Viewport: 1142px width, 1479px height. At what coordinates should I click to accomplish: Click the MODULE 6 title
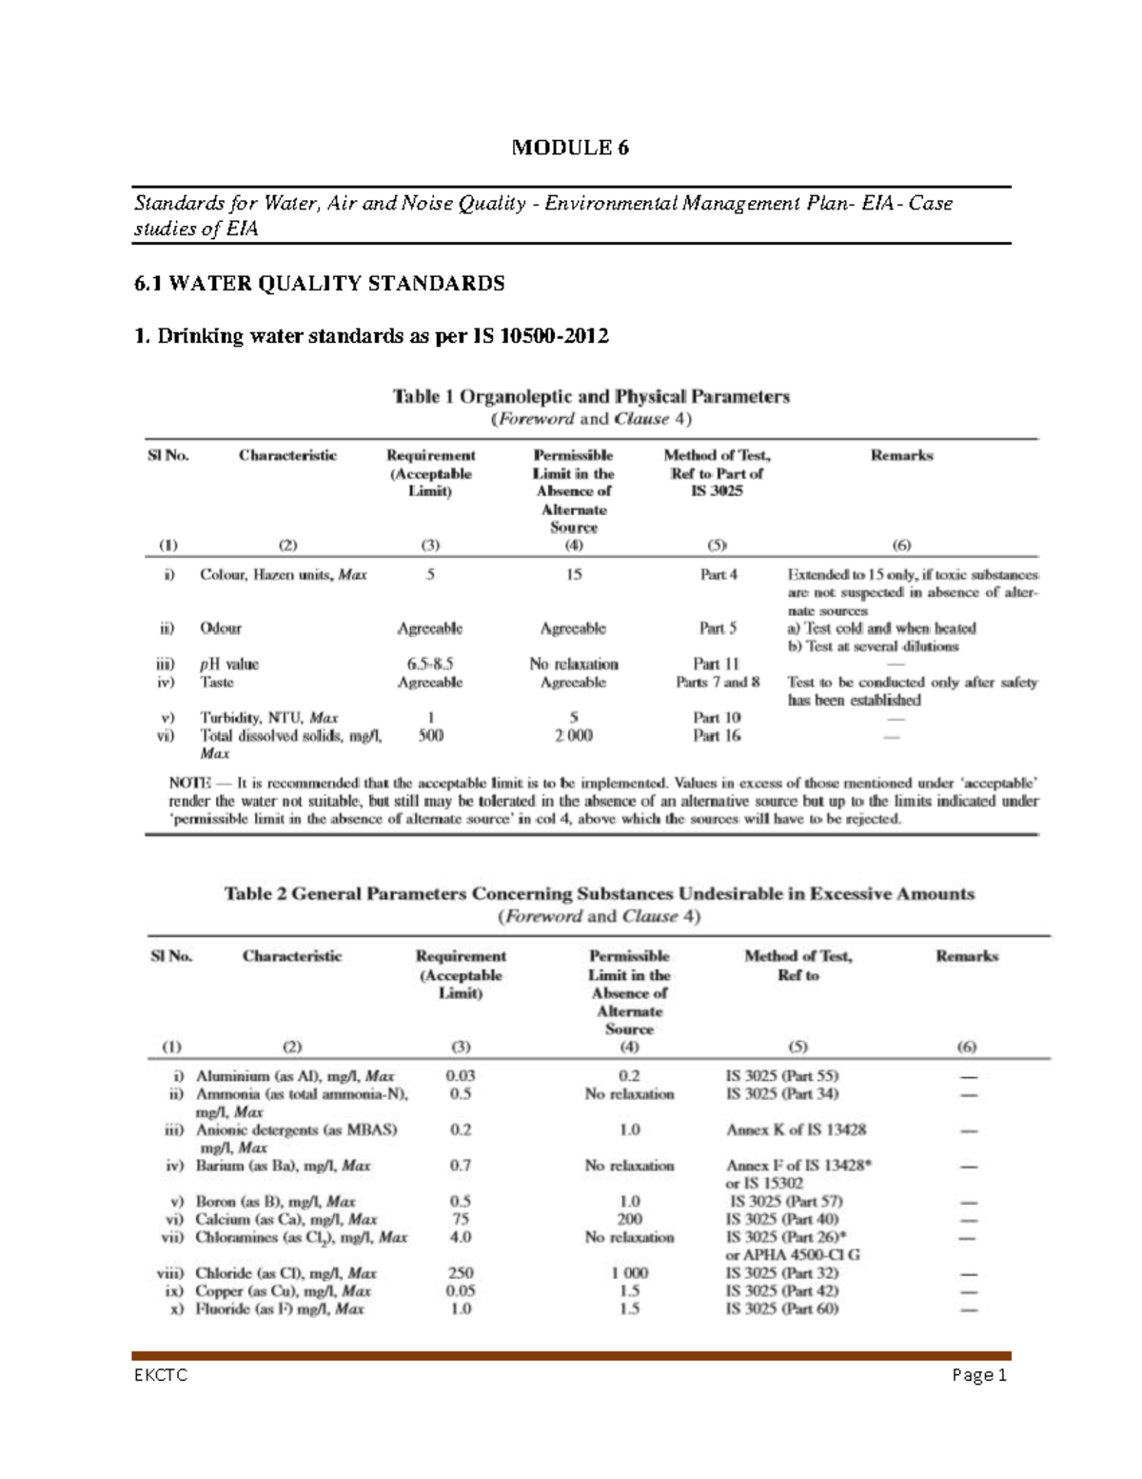(x=570, y=148)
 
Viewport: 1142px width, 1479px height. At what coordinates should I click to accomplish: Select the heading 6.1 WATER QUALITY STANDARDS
(x=319, y=284)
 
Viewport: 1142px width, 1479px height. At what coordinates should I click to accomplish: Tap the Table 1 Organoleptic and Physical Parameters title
(x=591, y=396)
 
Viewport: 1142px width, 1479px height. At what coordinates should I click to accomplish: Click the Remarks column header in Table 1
(x=901, y=455)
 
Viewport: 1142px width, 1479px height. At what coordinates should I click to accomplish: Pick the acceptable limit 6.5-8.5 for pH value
(x=429, y=664)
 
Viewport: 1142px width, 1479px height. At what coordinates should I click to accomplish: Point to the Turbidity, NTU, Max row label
(x=269, y=717)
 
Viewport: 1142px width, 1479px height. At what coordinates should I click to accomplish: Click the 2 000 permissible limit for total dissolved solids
(x=573, y=735)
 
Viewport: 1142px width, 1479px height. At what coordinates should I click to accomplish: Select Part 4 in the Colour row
(x=718, y=575)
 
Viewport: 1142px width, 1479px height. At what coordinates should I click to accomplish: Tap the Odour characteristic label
(x=220, y=629)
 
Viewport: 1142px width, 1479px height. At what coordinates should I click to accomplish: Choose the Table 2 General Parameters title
(x=599, y=894)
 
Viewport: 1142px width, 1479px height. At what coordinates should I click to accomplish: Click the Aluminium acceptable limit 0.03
(x=461, y=1076)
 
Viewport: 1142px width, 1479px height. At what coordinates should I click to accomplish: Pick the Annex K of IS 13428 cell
(x=796, y=1129)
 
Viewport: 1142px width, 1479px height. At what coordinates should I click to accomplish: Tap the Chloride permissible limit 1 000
(x=629, y=1273)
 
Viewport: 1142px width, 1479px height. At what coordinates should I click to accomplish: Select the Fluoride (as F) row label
(x=279, y=1309)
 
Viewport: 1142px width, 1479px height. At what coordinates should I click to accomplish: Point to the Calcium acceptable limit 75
(x=461, y=1219)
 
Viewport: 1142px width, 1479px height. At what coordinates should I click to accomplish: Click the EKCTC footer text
(x=161, y=1375)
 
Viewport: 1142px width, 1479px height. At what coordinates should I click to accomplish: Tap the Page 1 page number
(x=978, y=1375)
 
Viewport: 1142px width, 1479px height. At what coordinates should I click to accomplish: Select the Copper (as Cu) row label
(x=283, y=1291)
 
